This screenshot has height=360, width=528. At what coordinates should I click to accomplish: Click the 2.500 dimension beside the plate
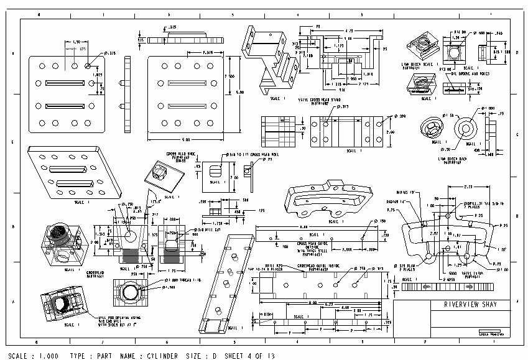coord(231,75)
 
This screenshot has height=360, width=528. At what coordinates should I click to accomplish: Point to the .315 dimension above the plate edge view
coord(172,27)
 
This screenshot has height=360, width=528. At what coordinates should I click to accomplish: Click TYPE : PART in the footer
coord(91,356)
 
